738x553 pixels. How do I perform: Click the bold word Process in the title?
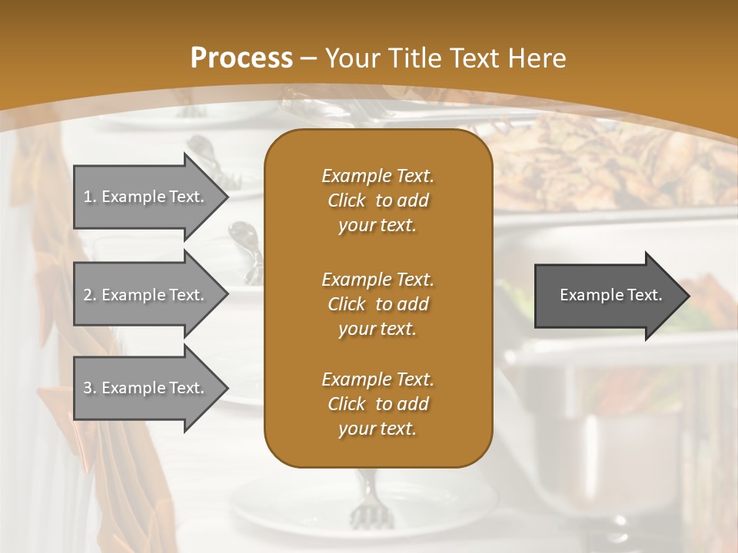(x=241, y=58)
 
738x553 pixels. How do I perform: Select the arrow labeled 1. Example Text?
(x=146, y=197)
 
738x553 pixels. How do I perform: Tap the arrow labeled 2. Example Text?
(x=146, y=295)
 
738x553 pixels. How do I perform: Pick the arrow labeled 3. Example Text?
(x=146, y=388)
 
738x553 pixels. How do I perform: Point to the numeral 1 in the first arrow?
(x=88, y=197)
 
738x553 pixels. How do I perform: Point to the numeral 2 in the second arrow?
(x=88, y=295)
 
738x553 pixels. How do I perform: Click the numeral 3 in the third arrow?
(x=88, y=388)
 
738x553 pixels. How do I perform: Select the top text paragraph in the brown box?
(x=377, y=200)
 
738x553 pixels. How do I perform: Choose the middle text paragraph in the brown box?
(x=377, y=304)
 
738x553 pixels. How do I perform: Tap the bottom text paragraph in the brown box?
(x=377, y=404)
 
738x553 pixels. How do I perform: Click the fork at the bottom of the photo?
(x=364, y=499)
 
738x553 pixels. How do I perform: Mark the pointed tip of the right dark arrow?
(x=689, y=296)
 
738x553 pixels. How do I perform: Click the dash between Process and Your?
(x=308, y=58)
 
